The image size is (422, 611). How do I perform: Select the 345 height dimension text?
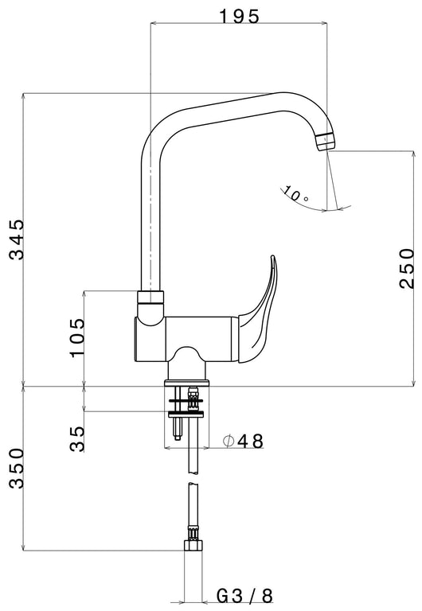point(17,239)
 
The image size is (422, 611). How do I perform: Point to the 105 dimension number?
point(76,338)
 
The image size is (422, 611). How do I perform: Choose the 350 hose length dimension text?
point(17,469)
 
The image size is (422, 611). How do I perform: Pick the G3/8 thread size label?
point(244,594)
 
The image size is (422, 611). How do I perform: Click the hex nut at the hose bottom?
point(192,547)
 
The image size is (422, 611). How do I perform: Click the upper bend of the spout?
point(163,127)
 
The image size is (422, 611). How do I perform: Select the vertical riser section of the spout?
point(150,223)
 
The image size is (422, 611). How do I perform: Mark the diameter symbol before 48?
point(227,440)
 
